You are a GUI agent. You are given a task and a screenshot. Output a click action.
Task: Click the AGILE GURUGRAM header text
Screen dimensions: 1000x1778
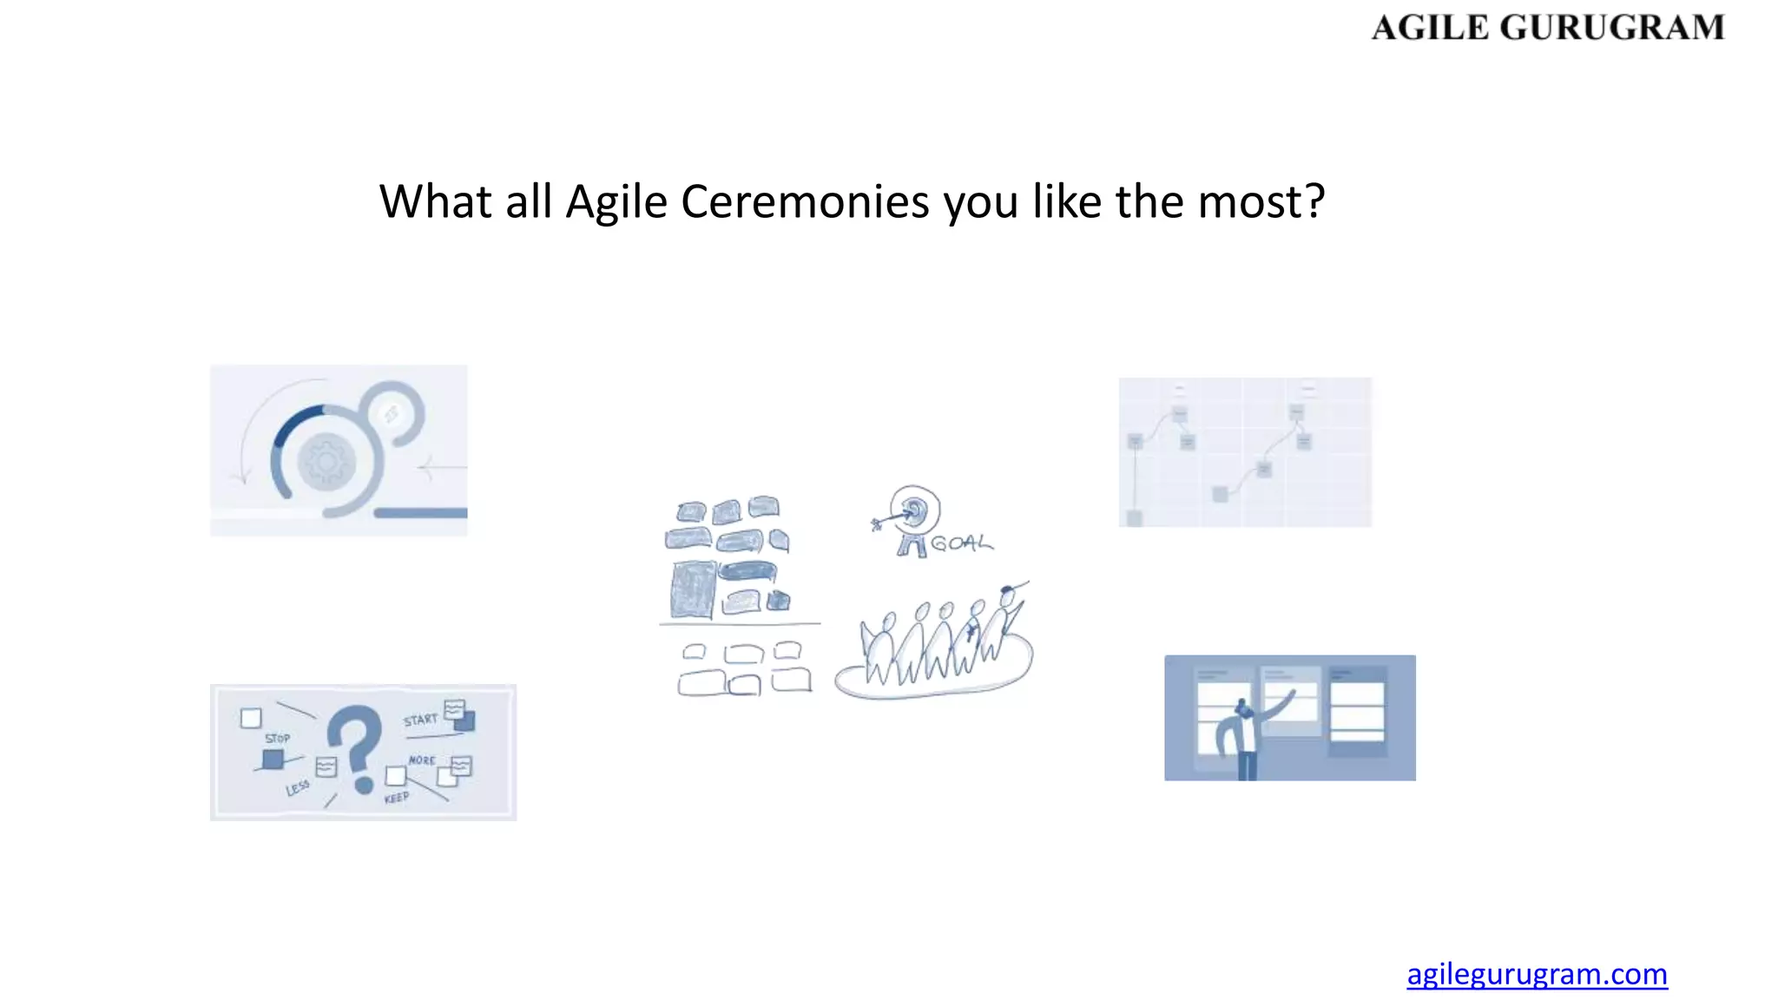pos(1547,28)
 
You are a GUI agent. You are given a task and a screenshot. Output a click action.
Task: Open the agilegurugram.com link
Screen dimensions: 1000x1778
pos(1537,974)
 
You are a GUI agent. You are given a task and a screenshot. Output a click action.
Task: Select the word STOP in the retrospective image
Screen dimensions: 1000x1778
pos(277,739)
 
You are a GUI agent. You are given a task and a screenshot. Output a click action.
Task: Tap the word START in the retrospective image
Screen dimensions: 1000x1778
pos(420,720)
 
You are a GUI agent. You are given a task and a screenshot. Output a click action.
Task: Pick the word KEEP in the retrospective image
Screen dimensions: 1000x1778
pos(397,798)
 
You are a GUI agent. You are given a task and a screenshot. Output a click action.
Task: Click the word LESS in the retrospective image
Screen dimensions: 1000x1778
pos(297,787)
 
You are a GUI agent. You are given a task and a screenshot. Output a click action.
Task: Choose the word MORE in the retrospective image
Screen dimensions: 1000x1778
pos(422,760)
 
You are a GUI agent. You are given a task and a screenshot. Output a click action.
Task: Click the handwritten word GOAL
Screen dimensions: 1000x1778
pos(961,544)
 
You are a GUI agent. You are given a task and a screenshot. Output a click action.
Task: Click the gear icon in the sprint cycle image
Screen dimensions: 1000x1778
pos(326,462)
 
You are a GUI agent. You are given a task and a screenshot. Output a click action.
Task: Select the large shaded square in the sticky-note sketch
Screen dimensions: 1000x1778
pos(693,589)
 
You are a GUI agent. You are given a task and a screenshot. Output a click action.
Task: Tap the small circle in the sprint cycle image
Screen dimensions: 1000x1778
pos(392,413)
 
